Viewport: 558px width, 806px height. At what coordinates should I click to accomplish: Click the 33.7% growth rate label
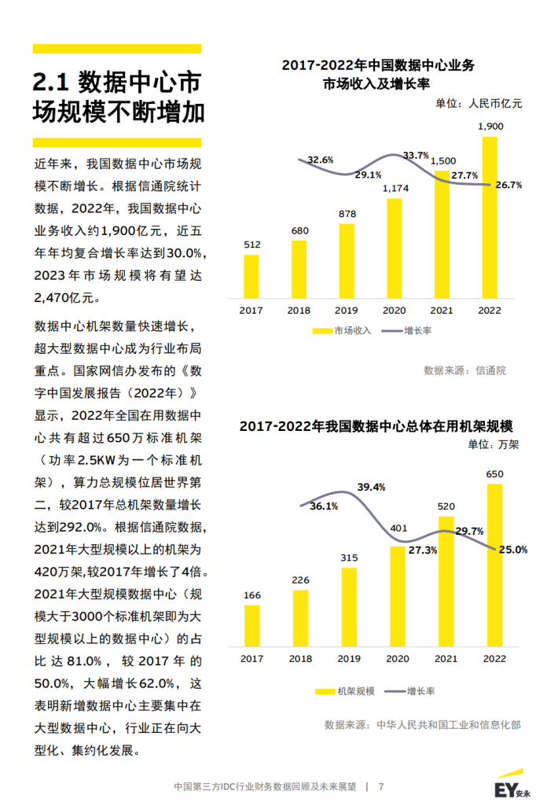tap(416, 155)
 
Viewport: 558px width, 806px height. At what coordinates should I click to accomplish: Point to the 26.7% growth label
tap(508, 186)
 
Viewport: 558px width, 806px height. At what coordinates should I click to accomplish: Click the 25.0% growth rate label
tap(512, 550)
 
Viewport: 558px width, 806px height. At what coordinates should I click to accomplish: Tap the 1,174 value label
tap(395, 188)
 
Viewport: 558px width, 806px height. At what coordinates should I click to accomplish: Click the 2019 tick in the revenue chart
tap(347, 311)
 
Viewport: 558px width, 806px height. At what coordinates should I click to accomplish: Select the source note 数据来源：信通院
tap(464, 370)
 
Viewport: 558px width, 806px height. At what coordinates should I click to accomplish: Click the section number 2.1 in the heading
tap(53, 82)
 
